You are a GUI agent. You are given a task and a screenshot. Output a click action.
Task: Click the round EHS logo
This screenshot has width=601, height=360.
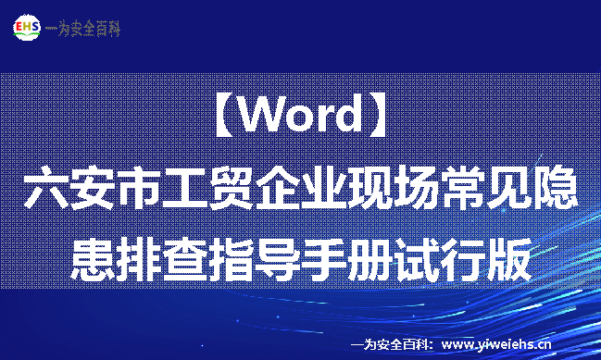[28, 27]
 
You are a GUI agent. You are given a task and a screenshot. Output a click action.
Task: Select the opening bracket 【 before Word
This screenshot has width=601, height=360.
[219, 117]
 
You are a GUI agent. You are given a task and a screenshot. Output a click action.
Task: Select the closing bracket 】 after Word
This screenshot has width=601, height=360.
[381, 117]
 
